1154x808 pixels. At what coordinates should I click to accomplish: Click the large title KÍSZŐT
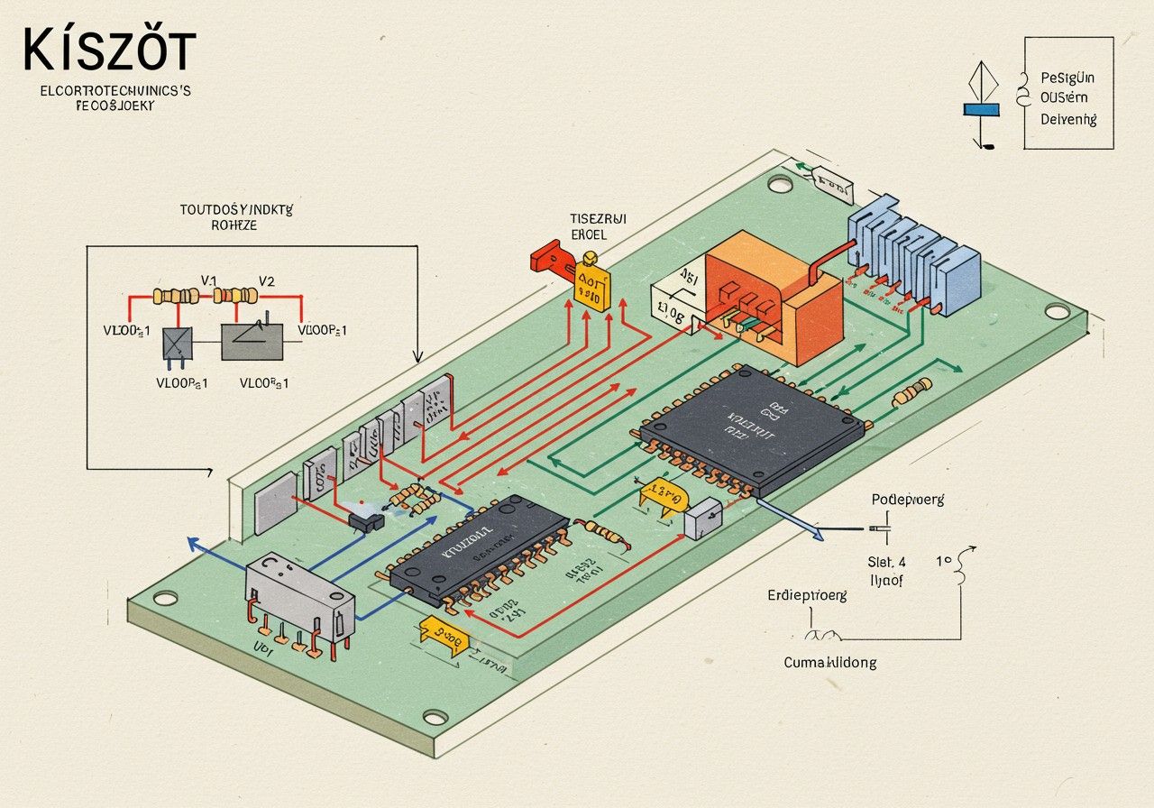(x=108, y=50)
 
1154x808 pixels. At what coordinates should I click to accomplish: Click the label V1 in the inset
(x=209, y=280)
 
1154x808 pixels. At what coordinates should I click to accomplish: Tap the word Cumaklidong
(x=829, y=662)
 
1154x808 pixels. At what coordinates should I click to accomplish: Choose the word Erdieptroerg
(x=807, y=595)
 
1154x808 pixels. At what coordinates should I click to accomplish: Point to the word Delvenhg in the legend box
(x=1068, y=118)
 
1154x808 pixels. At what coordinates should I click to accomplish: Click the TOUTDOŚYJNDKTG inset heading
(x=236, y=209)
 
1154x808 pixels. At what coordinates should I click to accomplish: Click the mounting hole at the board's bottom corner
(x=435, y=718)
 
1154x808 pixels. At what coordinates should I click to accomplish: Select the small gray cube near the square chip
(x=702, y=520)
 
